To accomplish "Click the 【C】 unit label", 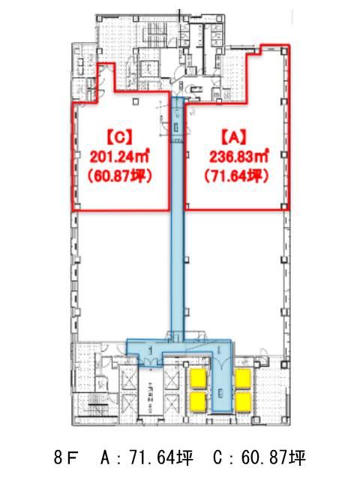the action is click(x=120, y=136).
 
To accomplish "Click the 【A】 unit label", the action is click(x=234, y=136).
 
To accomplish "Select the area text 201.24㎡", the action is click(x=119, y=157).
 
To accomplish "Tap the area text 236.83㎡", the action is click(x=239, y=157).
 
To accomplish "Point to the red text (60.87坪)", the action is click(x=120, y=177).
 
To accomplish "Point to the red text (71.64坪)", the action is click(x=237, y=176).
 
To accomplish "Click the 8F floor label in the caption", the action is click(x=66, y=458).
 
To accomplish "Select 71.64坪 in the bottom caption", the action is click(x=161, y=458).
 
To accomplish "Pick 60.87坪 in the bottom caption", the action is click(x=273, y=458).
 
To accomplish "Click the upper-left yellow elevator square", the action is click(x=199, y=379).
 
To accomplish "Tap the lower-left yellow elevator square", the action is click(x=199, y=402).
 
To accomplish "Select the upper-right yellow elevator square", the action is click(x=243, y=379).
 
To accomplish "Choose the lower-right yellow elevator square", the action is click(x=243, y=402).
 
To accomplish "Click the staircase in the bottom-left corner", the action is click(x=97, y=406).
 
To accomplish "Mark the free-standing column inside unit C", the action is click(x=136, y=102).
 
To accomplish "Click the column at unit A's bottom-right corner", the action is click(x=284, y=207).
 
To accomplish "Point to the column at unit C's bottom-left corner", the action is click(x=77, y=207).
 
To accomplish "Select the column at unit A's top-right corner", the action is click(x=284, y=52).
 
